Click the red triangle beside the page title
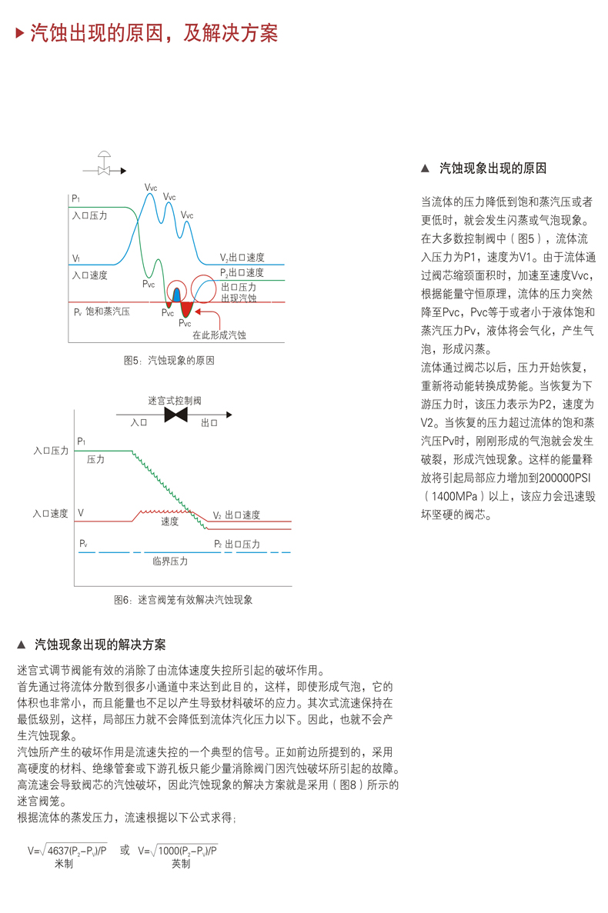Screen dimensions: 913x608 [20, 33]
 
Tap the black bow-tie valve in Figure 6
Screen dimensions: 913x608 [176, 415]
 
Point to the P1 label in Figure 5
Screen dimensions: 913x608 [76, 199]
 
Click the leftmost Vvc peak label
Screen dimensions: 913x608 [150, 187]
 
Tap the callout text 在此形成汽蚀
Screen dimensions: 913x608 [219, 335]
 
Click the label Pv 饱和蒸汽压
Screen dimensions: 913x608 [102, 312]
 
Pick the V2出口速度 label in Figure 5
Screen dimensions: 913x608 [242, 258]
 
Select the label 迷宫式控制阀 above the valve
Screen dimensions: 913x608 [175, 401]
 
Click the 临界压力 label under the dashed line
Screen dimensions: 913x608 [170, 561]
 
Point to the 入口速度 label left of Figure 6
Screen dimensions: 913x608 [51, 513]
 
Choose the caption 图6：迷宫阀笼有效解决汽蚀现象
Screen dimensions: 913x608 [182, 599]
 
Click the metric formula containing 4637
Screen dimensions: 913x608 [68, 851]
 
